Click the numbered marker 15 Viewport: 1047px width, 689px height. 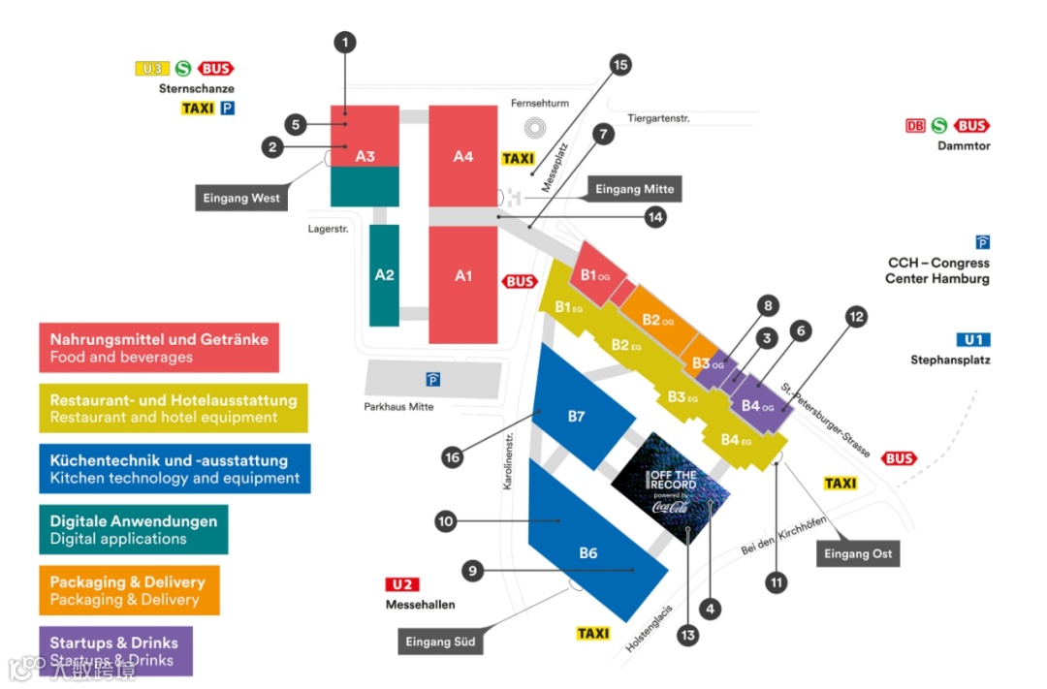click(x=620, y=65)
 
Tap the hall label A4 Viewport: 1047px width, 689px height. click(x=463, y=156)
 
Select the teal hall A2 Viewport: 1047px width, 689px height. click(x=384, y=274)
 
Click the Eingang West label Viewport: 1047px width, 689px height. click(x=241, y=198)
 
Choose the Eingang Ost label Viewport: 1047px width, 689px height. click(x=858, y=554)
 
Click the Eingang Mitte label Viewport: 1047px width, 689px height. click(x=634, y=189)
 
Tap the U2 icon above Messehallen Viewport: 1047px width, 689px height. click(x=402, y=584)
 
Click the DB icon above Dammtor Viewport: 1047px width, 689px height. click(x=915, y=126)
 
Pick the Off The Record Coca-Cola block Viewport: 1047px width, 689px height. click(x=671, y=487)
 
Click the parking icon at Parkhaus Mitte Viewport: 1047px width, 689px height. click(x=432, y=379)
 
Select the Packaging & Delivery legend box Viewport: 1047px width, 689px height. click(x=129, y=590)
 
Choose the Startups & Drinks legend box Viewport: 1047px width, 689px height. click(x=115, y=650)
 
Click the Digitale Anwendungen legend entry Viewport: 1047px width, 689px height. click(x=134, y=529)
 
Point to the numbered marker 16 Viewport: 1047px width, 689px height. click(x=451, y=457)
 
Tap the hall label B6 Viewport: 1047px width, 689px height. click(x=588, y=553)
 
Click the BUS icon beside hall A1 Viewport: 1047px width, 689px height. click(x=521, y=281)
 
